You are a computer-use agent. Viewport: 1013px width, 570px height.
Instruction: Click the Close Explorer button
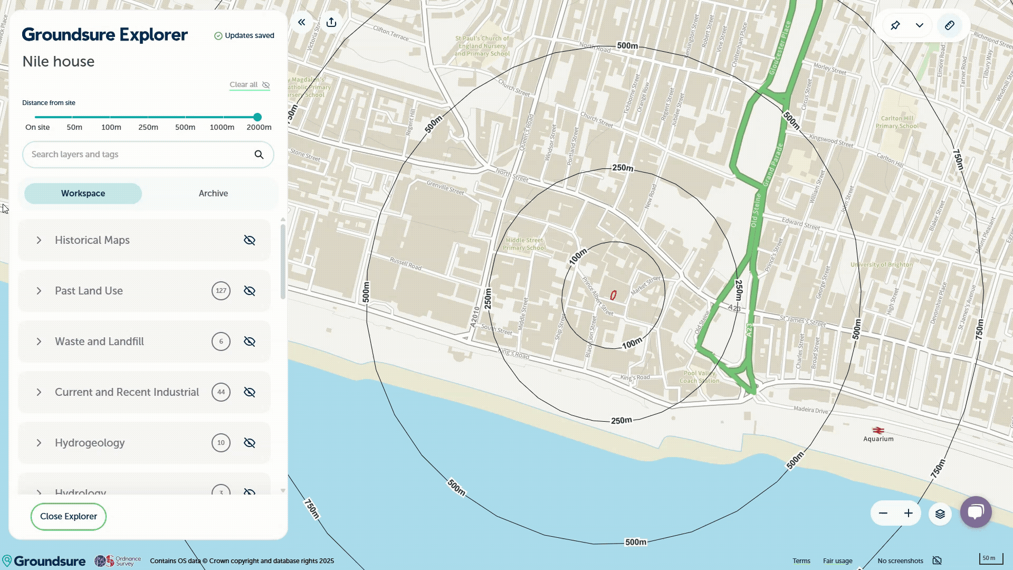point(69,517)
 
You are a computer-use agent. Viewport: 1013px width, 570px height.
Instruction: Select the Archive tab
point(213,194)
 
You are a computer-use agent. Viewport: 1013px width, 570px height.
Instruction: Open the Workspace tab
point(83,194)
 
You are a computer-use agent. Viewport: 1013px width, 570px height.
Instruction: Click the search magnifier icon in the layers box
point(259,155)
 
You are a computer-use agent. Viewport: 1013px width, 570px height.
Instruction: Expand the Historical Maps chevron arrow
point(39,241)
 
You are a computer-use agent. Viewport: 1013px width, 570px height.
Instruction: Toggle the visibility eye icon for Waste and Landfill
point(250,342)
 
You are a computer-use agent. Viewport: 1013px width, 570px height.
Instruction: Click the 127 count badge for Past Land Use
point(221,291)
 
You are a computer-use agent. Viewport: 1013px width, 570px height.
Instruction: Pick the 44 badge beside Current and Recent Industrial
point(221,393)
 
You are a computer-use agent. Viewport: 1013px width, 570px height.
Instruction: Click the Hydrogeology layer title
point(90,443)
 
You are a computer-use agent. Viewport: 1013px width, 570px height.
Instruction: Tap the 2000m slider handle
point(257,117)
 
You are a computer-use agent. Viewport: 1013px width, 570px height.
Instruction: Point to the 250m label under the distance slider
point(148,128)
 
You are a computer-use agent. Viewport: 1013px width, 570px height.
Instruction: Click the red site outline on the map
point(613,296)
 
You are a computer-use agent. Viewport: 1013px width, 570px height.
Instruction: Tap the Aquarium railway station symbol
point(878,430)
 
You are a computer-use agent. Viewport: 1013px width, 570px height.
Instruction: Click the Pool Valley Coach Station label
point(699,377)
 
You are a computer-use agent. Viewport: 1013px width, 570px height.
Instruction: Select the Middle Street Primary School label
point(524,244)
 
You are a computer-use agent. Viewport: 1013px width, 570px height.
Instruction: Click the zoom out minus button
point(883,514)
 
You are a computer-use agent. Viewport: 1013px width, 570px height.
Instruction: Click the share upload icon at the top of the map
point(331,22)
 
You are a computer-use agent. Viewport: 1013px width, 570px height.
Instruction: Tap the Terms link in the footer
point(801,561)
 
